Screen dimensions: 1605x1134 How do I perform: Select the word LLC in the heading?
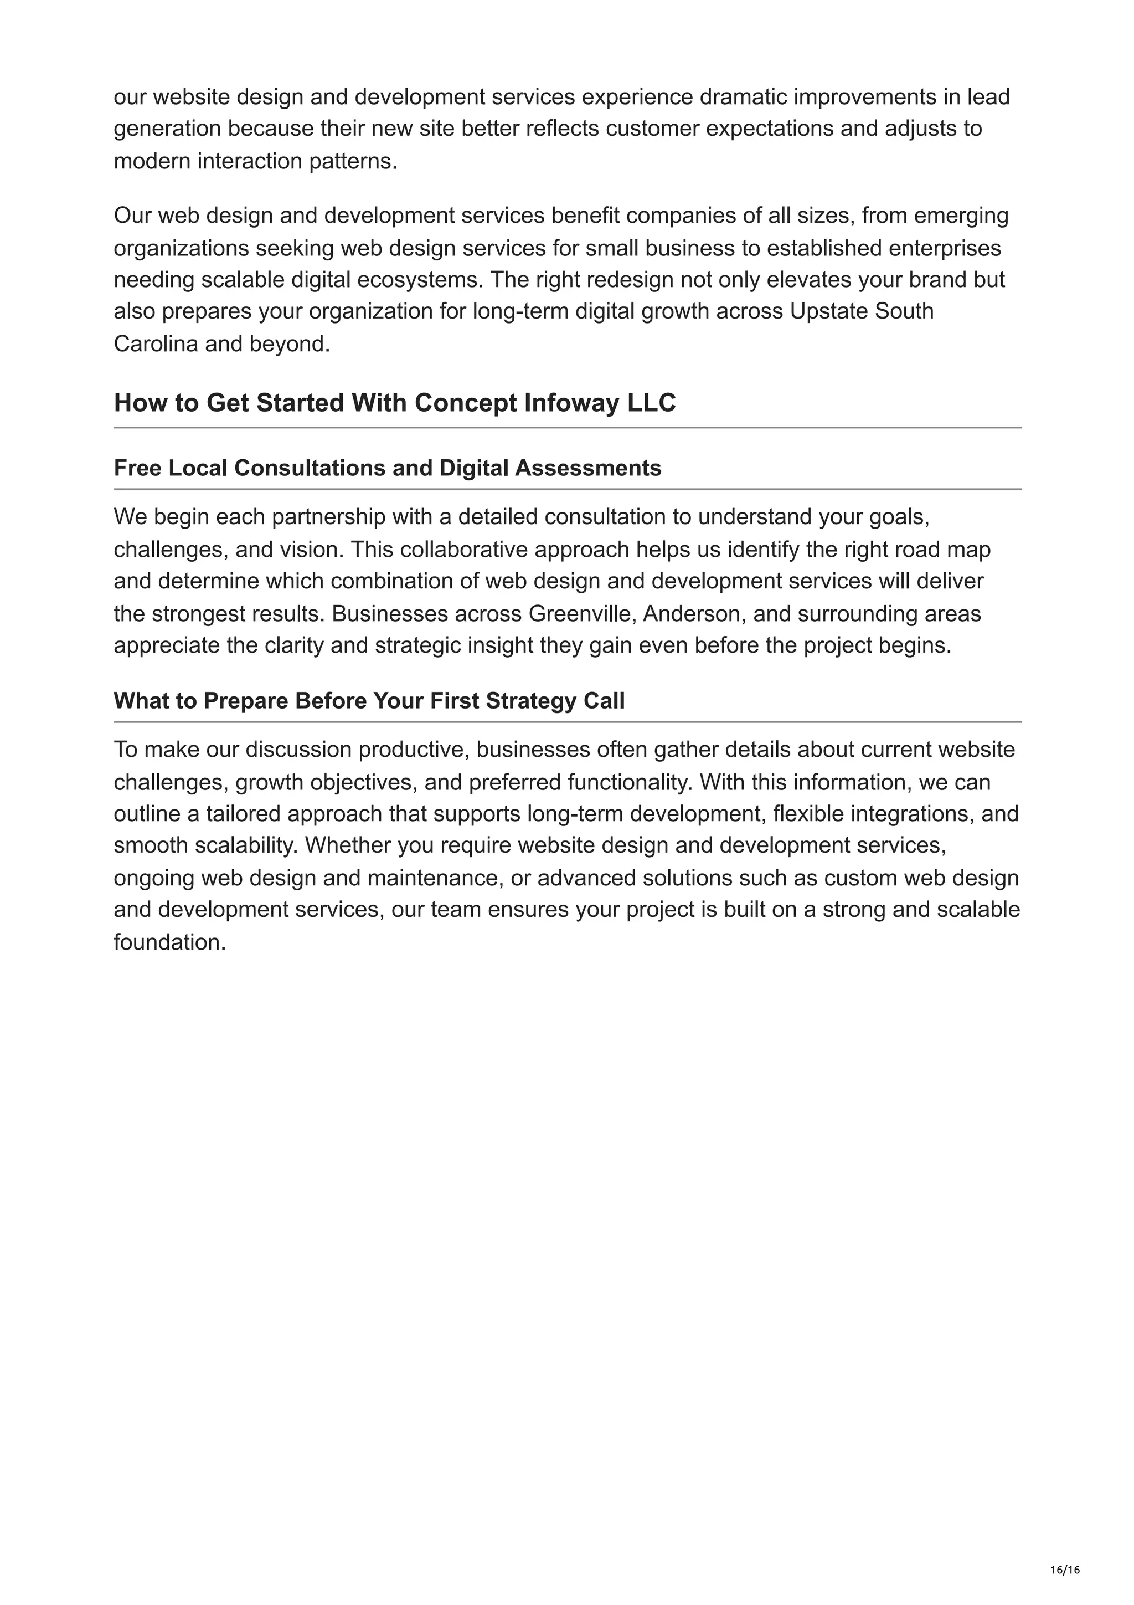tap(651, 403)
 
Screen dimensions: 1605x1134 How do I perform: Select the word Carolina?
tap(155, 344)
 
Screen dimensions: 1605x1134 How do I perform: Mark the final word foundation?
tap(168, 942)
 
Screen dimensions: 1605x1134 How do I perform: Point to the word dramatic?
tap(743, 96)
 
